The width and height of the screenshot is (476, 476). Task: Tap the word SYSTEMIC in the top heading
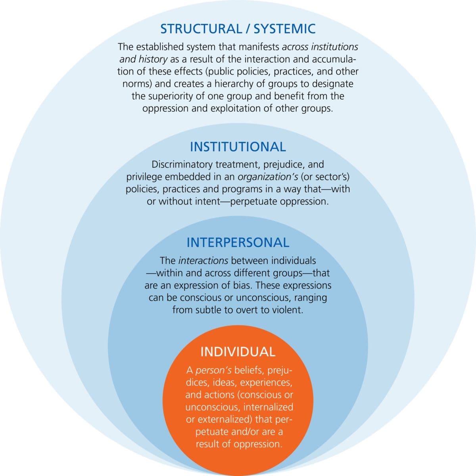click(284, 29)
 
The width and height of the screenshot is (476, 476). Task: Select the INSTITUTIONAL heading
click(238, 147)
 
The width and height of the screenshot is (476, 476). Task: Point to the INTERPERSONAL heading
click(238, 242)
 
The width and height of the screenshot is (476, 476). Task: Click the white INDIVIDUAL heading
click(238, 352)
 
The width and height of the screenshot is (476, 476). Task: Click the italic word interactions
click(203, 261)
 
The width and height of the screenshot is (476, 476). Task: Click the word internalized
click(268, 407)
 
